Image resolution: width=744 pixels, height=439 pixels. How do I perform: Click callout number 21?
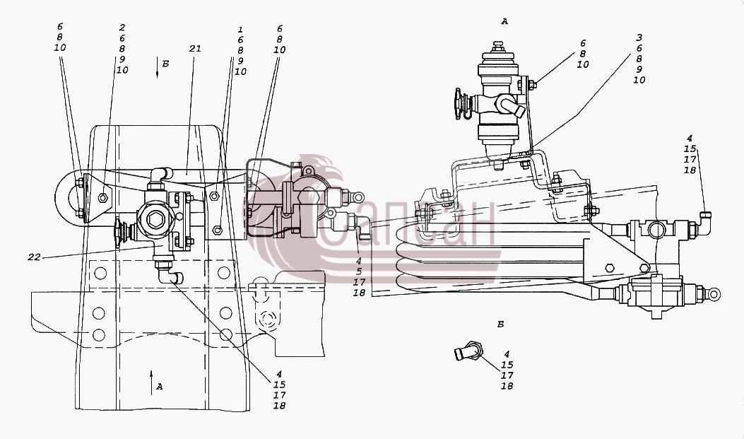point(195,48)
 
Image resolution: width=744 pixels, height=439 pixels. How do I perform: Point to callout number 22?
point(34,257)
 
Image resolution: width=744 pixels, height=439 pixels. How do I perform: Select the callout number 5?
point(359,271)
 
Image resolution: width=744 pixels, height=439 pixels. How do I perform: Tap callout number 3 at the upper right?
point(639,37)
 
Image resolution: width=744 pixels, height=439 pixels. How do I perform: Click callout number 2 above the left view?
point(122,28)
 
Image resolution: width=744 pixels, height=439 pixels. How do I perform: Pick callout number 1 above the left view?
point(240,30)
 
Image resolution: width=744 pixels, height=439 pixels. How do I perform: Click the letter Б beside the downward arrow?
point(165,64)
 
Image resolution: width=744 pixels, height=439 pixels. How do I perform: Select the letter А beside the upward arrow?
point(160,387)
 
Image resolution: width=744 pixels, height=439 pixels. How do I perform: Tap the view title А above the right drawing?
point(504,21)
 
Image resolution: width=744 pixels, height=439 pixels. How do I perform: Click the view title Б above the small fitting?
point(500,324)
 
